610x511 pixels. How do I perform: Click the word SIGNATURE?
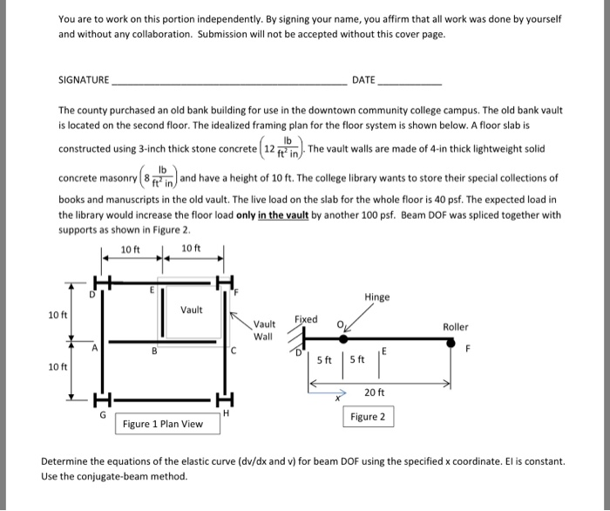[x=84, y=80]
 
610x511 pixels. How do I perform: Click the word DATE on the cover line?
[x=363, y=80]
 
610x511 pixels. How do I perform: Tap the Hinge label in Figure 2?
[x=378, y=297]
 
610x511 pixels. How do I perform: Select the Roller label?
[x=455, y=327]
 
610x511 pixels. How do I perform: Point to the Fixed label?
[x=307, y=319]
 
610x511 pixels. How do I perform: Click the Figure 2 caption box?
[x=368, y=417]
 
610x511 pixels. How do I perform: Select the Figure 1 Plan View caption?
[x=163, y=425]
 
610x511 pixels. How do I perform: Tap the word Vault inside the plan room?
[x=192, y=310]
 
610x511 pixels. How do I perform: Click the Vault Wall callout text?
[x=263, y=330]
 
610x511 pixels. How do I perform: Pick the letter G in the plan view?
[x=103, y=415]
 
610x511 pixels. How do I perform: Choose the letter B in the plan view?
[x=154, y=352]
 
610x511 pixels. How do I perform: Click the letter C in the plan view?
[x=234, y=351]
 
